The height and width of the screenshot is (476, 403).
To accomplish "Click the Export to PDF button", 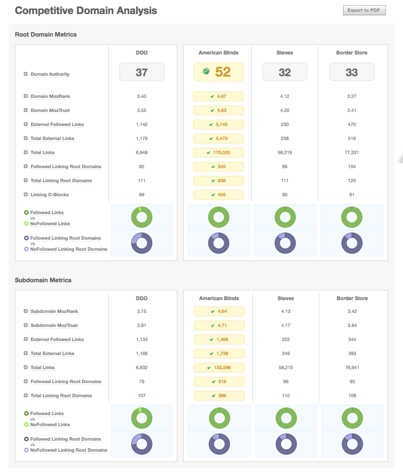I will (364, 10).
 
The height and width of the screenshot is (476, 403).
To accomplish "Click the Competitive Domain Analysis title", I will (86, 11).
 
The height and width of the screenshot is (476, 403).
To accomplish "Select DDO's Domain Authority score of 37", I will (142, 72).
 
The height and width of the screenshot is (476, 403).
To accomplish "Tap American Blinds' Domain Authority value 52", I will (223, 72).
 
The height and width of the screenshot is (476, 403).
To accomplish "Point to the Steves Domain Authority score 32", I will (284, 72).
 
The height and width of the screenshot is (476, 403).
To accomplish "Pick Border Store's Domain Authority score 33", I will (352, 72).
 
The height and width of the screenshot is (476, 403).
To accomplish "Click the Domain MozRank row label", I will (50, 97).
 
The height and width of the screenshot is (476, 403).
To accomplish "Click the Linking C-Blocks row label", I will (49, 195).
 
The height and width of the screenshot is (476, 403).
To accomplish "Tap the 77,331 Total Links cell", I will (352, 152).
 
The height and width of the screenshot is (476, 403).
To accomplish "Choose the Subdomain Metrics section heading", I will (43, 280).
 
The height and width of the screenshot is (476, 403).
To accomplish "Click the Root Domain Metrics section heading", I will (45, 34).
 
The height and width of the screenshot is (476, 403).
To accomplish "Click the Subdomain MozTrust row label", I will (54, 326).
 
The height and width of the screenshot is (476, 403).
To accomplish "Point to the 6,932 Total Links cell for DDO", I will (142, 367).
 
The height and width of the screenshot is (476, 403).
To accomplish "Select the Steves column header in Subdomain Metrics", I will (285, 298).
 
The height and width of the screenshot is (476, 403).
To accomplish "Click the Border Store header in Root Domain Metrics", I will (352, 53).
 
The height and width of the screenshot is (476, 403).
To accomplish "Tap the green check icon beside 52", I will (206, 72).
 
